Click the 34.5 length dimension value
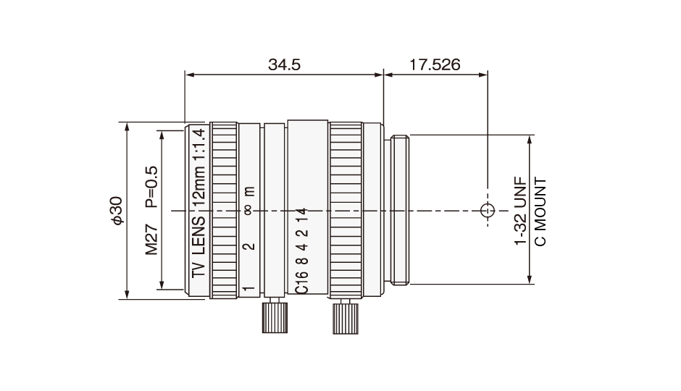(x=284, y=64)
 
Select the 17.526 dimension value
(x=435, y=64)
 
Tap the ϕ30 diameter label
(x=117, y=211)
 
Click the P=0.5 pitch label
(x=151, y=187)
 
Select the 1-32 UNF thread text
(x=520, y=211)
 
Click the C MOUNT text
(x=540, y=211)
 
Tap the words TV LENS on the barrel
(x=199, y=246)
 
